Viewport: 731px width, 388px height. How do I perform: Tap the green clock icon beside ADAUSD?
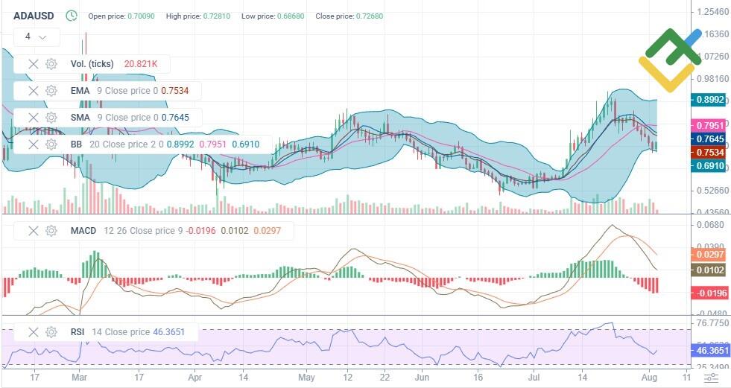(x=71, y=15)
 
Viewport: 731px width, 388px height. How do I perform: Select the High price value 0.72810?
(x=216, y=16)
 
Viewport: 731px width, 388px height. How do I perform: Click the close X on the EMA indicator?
(x=33, y=91)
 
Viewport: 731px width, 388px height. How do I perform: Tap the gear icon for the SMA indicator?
(x=51, y=118)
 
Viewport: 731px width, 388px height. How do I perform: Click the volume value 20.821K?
(x=142, y=64)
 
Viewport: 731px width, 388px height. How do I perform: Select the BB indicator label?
(x=76, y=144)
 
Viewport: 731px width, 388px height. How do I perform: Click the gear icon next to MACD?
(x=51, y=231)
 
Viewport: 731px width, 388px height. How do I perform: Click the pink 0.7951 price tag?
(x=708, y=125)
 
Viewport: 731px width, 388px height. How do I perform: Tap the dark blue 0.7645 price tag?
(x=708, y=139)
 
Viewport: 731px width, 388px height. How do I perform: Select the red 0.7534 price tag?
(x=708, y=153)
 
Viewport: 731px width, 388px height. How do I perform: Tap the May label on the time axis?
(x=306, y=378)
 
